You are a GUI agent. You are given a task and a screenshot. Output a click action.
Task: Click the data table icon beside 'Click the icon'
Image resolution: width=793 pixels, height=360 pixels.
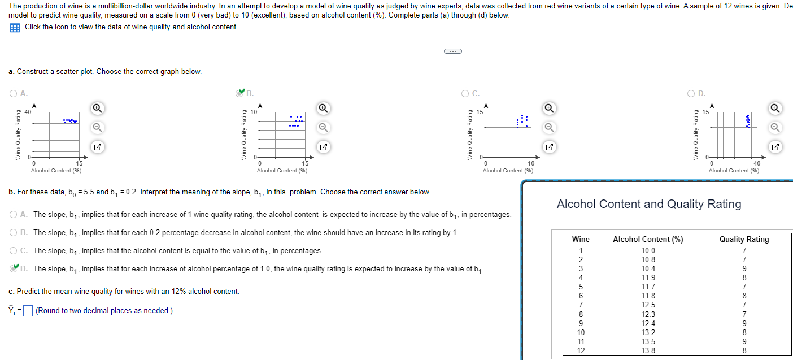point(15,27)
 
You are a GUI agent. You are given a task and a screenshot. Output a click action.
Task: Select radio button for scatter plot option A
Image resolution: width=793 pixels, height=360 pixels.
point(13,94)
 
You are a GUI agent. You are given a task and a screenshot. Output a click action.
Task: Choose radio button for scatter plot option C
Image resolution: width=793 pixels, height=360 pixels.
point(465,94)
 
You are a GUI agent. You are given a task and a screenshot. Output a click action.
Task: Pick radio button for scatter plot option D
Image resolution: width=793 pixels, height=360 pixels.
point(691,94)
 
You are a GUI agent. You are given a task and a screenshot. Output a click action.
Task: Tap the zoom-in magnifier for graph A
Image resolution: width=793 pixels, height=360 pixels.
point(97,107)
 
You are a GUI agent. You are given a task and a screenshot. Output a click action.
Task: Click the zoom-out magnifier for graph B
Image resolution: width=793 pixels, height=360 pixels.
point(323,127)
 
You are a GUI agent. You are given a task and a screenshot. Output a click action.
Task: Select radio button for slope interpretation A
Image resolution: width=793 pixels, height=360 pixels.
point(13,215)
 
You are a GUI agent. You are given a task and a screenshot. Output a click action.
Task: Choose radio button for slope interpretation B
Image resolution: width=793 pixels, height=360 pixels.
point(13,233)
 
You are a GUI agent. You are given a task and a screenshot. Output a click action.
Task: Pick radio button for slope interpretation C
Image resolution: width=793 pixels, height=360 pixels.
point(13,250)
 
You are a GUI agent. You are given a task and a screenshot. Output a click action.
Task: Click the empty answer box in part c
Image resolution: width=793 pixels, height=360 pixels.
point(29,311)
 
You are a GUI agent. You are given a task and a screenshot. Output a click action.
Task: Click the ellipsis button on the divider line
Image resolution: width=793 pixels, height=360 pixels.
point(452,51)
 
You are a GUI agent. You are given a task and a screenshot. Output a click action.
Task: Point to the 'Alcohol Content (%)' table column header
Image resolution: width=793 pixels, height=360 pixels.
point(648,240)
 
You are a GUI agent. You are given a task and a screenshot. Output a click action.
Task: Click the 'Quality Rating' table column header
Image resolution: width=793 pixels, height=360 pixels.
point(744,240)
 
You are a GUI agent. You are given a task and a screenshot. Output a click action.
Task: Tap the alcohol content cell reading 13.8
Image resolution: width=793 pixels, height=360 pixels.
point(648,350)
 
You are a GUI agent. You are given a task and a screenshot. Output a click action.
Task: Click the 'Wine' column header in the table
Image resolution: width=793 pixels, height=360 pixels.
point(581,240)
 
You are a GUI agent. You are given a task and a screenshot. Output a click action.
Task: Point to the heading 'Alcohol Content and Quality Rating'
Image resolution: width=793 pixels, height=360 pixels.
point(649,204)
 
